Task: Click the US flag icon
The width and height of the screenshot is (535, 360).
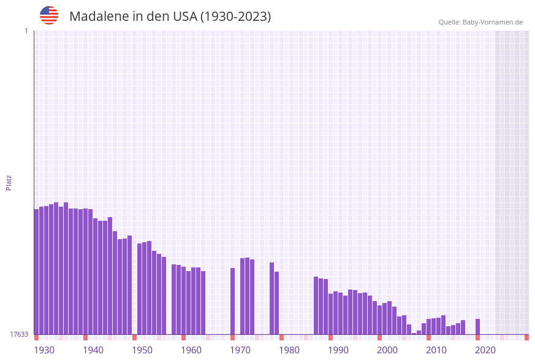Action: tap(49, 15)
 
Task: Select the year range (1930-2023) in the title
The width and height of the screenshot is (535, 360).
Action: tap(235, 17)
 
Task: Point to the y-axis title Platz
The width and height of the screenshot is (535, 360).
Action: tap(9, 182)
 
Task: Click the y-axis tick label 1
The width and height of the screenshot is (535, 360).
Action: tap(26, 31)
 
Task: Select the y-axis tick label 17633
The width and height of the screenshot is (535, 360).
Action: tap(19, 334)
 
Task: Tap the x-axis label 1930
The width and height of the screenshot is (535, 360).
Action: tap(44, 350)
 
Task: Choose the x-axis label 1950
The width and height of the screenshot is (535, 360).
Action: tap(142, 350)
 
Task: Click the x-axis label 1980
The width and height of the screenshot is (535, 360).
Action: tap(289, 350)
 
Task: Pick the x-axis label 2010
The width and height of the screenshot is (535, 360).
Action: tap(436, 350)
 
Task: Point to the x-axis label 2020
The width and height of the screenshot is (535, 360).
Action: tap(485, 350)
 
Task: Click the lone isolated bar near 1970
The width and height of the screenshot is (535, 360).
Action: tap(233, 301)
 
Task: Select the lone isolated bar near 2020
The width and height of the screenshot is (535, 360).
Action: tap(478, 326)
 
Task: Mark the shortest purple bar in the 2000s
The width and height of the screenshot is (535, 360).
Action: tap(414, 333)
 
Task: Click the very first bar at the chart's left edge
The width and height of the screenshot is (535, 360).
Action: tap(37, 272)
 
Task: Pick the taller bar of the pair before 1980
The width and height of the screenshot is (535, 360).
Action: tap(272, 298)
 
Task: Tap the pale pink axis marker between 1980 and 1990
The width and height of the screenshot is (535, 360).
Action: tap(306, 337)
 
